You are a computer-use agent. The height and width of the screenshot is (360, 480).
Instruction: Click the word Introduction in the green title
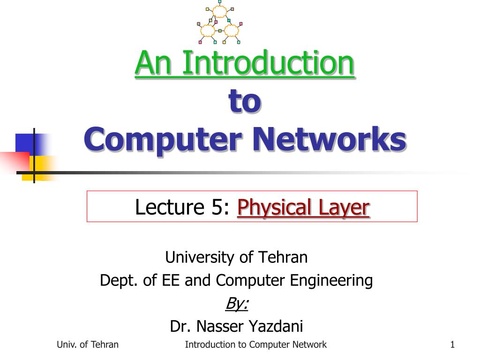pyautogui.click(x=268, y=63)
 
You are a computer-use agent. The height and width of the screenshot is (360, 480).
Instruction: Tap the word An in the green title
pyautogui.click(x=153, y=63)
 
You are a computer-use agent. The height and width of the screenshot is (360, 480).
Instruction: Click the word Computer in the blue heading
pyautogui.click(x=163, y=140)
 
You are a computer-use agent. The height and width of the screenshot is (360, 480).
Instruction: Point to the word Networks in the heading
pyautogui.click(x=330, y=139)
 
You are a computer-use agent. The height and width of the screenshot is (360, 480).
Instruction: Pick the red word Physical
pyautogui.click(x=274, y=208)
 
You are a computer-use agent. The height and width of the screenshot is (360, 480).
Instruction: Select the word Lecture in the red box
pyautogui.click(x=170, y=207)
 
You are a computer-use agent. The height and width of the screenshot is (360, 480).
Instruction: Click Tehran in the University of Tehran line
pyautogui.click(x=283, y=257)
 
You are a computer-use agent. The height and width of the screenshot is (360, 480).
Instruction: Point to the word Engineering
pyautogui.click(x=331, y=281)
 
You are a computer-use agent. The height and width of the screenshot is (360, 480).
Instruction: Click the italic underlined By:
pyautogui.click(x=237, y=304)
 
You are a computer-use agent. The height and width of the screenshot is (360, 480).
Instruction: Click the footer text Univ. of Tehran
pyautogui.click(x=88, y=345)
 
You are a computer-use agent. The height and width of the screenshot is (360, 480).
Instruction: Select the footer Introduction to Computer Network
pyautogui.click(x=255, y=345)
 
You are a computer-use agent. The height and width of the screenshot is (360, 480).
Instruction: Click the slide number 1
pyautogui.click(x=452, y=345)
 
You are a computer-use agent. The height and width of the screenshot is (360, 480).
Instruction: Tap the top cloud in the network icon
pyautogui.click(x=220, y=12)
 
